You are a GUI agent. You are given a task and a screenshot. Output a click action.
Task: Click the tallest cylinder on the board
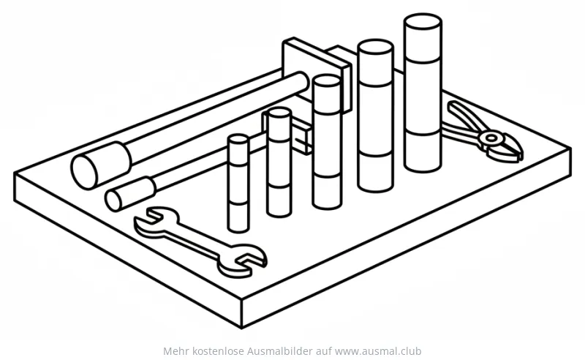pos(423,94)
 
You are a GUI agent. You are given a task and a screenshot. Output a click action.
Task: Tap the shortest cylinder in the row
pos(238,184)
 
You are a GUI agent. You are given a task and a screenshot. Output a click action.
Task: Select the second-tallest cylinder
pos(375,116)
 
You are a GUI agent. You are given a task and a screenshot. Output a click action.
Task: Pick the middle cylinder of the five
pos(327,142)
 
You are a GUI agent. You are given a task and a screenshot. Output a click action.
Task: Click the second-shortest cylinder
pos(279,162)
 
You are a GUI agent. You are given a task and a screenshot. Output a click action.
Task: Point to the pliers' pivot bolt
pos(491,138)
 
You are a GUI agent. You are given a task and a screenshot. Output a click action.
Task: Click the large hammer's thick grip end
pos(101,165)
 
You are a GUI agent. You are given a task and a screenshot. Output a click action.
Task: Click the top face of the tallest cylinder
pos(423,21)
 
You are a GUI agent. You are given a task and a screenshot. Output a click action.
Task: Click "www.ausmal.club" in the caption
pos(378,351)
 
